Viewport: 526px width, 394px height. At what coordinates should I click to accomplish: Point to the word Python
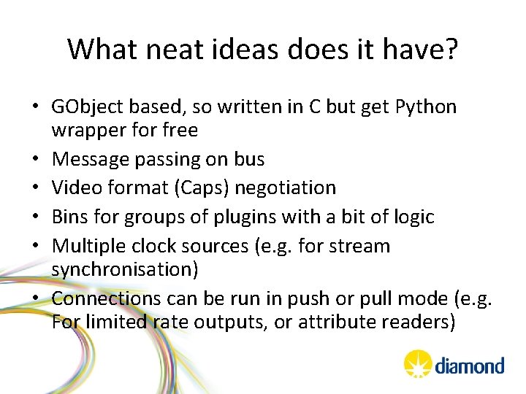tap(426, 107)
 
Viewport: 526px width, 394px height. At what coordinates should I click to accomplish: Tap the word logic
tap(411, 217)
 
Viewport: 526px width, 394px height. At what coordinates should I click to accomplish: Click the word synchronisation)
tap(125, 269)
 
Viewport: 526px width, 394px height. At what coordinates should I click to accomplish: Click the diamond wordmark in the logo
tap(470, 365)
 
